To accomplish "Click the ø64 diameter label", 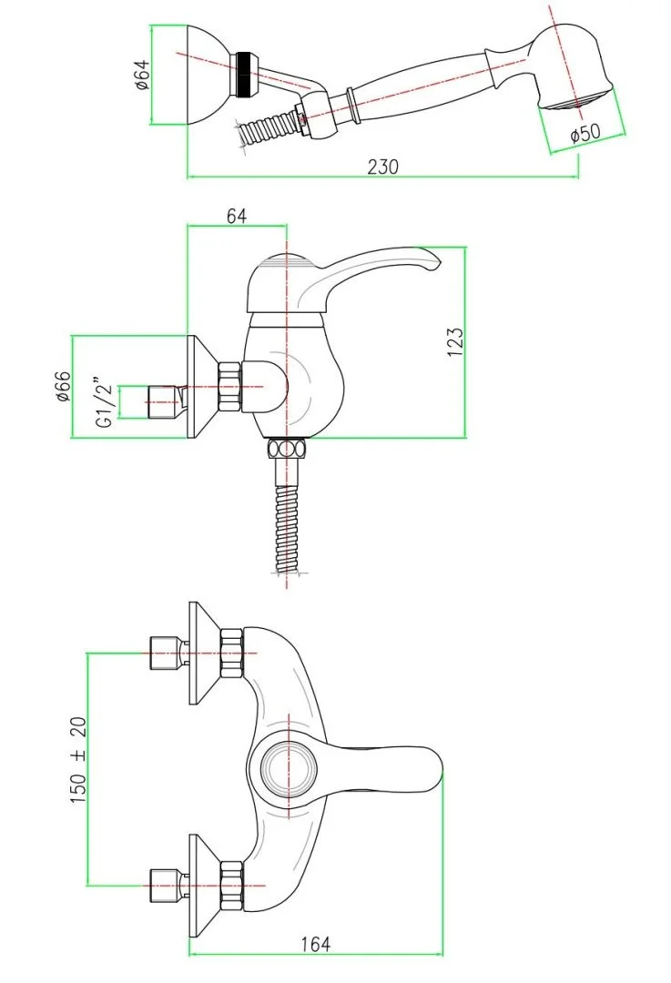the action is (142, 76).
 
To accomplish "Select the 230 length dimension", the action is (382, 167).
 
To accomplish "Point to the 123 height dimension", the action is (455, 342).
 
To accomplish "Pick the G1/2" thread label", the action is (105, 402).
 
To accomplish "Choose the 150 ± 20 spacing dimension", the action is (77, 760).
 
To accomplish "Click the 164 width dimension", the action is (315, 944).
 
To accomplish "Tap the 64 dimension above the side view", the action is (237, 217).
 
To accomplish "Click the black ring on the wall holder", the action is (244, 74).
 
